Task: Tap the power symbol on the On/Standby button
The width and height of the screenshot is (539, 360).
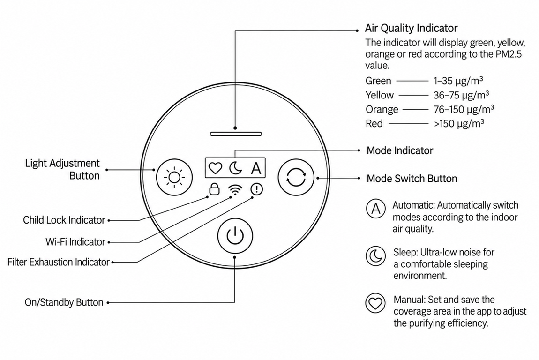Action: (x=235, y=236)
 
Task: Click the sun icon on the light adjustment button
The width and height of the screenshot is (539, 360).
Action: (x=174, y=177)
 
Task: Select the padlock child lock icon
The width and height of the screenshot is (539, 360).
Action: (x=215, y=189)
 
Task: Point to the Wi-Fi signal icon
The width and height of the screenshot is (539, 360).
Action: (x=235, y=190)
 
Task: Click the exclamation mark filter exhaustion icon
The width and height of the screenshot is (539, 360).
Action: (x=257, y=189)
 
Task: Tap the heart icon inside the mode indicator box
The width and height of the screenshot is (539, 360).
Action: (x=216, y=168)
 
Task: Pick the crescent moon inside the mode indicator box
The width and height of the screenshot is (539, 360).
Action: (x=235, y=168)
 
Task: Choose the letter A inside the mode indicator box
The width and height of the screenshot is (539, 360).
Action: (x=256, y=168)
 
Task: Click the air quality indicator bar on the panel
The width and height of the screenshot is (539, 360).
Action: (x=236, y=134)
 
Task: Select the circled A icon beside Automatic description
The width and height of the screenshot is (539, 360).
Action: (x=375, y=209)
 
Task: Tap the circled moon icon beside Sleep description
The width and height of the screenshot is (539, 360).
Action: (x=375, y=256)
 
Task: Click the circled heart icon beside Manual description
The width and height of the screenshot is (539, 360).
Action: (x=375, y=303)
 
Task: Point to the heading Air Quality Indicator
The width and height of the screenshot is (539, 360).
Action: (x=411, y=28)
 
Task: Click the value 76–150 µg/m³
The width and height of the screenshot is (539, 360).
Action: (x=464, y=109)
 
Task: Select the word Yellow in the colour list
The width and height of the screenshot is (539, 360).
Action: (x=380, y=95)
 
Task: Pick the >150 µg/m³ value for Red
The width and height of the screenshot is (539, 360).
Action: (x=459, y=123)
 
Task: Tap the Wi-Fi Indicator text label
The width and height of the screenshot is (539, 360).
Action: (x=75, y=242)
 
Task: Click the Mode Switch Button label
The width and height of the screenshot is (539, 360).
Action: (x=412, y=179)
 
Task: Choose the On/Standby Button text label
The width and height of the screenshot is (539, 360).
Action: (x=64, y=302)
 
